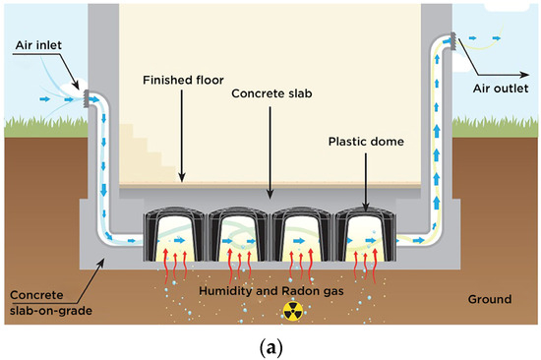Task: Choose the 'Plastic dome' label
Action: [365, 141]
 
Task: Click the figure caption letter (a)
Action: [270, 346]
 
